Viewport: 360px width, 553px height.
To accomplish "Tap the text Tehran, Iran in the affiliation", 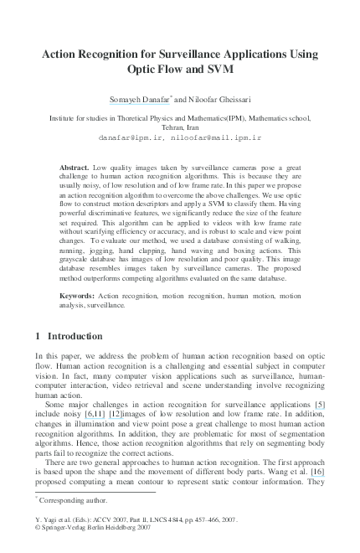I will click(x=180, y=125).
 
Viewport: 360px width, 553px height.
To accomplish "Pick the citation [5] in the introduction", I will click(x=319, y=405).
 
